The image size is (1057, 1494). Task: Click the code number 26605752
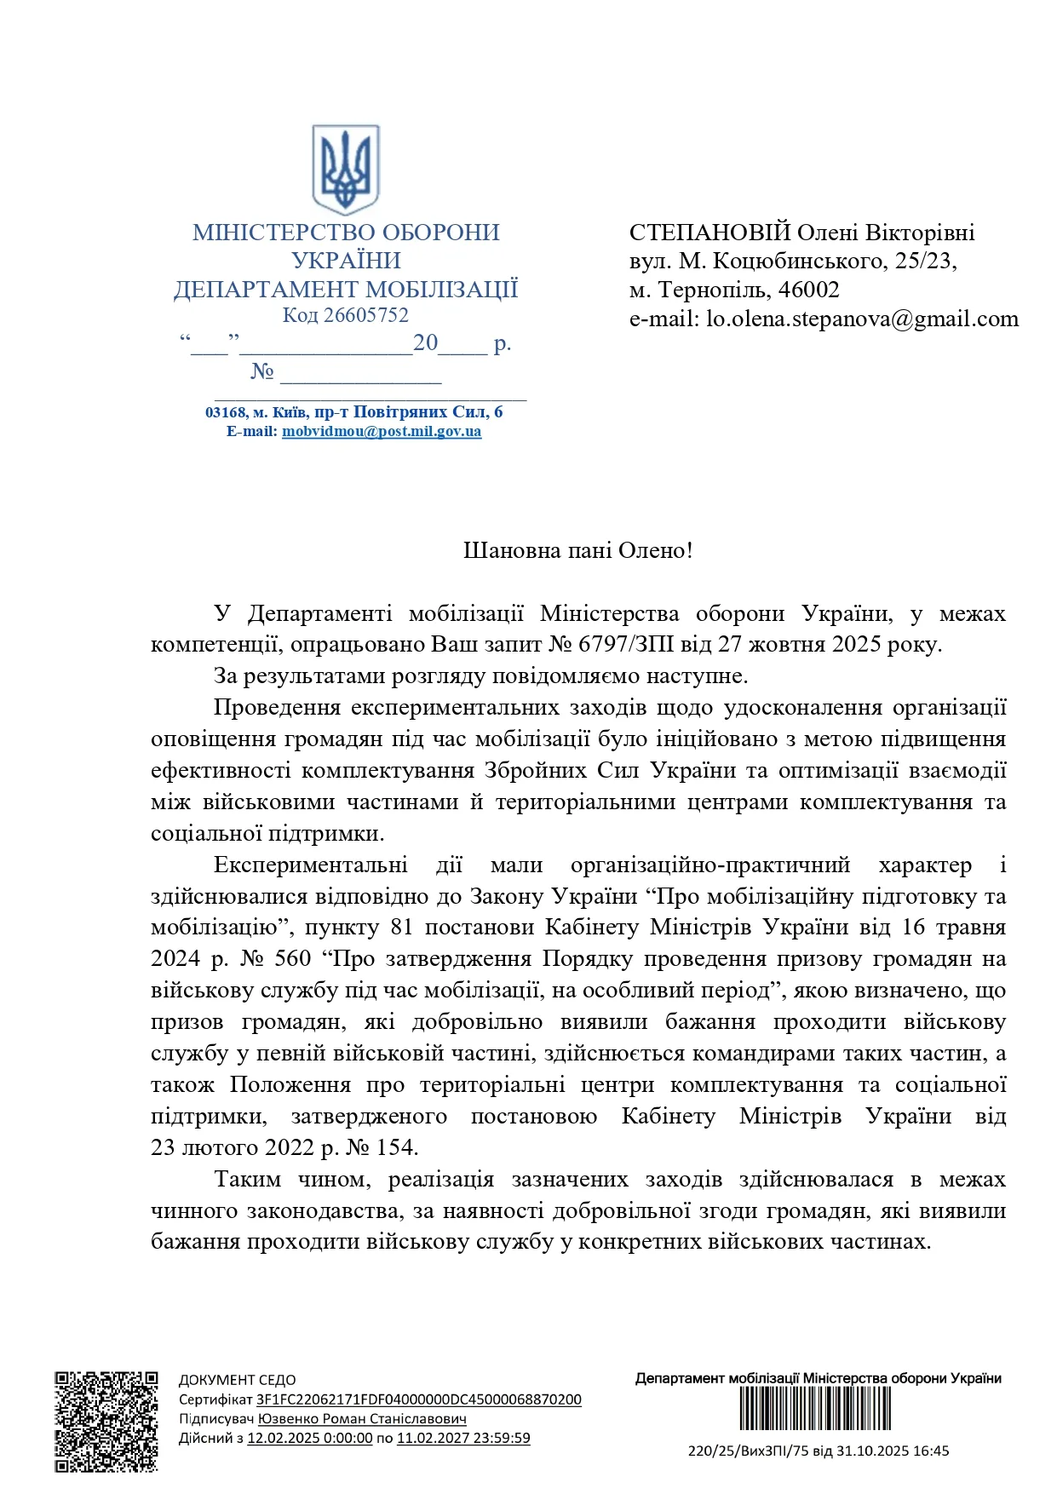point(366,315)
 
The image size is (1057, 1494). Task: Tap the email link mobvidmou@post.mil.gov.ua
point(382,431)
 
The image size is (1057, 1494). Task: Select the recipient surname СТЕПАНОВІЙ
point(710,233)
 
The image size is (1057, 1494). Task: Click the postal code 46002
point(809,290)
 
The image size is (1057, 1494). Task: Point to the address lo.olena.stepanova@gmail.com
point(862,319)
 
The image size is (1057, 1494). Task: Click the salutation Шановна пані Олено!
point(577,550)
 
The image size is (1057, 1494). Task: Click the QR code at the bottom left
point(106,1422)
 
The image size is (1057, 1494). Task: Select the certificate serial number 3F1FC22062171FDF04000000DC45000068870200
point(419,1399)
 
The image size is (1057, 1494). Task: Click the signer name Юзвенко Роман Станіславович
point(362,1419)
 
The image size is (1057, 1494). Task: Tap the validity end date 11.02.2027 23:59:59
point(463,1438)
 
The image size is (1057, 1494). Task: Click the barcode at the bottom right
point(815,1409)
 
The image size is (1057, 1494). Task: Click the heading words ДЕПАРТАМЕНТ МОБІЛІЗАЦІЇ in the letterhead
point(346,290)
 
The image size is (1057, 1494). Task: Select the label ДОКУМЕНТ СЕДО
point(238,1380)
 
